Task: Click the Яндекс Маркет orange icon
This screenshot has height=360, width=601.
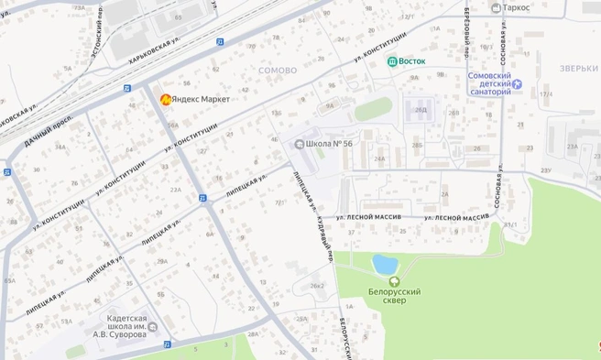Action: click(x=164, y=99)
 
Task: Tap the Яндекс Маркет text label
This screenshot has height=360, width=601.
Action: click(x=201, y=99)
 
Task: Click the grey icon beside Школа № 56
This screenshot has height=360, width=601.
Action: click(x=299, y=144)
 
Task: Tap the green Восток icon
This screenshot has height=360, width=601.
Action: click(x=392, y=61)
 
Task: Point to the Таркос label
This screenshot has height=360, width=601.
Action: click(x=520, y=8)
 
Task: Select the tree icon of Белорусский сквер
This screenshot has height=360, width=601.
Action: click(x=393, y=281)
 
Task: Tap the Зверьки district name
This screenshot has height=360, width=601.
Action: click(x=580, y=67)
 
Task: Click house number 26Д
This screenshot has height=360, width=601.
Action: click(x=421, y=110)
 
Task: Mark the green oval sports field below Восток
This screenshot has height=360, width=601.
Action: click(x=373, y=109)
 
